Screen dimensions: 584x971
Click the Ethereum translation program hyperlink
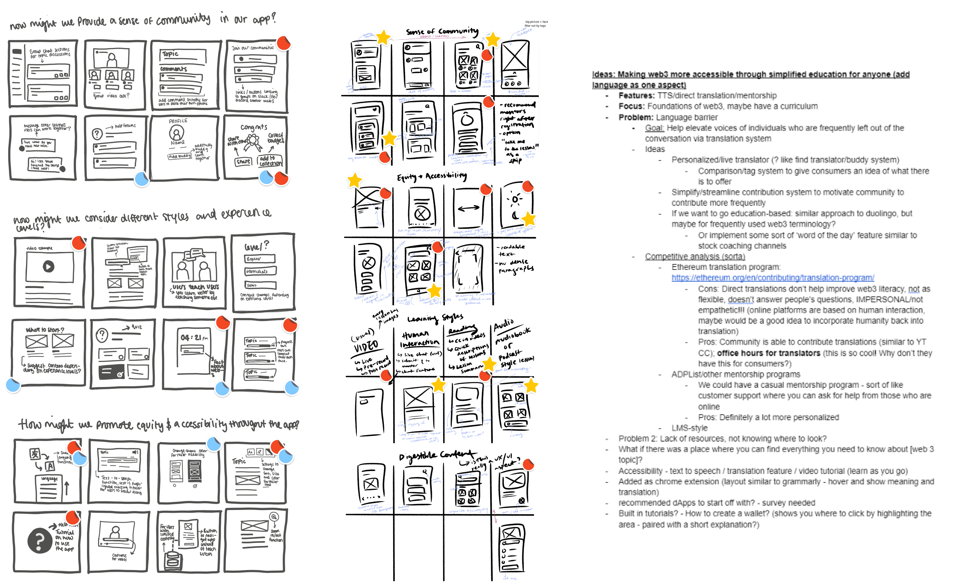[773, 278]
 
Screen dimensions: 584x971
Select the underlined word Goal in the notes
[654, 128]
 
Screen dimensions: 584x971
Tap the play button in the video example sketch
[48, 266]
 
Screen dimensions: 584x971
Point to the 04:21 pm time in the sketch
[194, 338]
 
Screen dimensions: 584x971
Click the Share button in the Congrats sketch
[243, 161]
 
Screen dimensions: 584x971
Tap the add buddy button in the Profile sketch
[179, 156]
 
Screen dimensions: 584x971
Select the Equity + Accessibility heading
[431, 176]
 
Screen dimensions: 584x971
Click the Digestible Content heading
[437, 456]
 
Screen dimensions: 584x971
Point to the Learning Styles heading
[435, 318]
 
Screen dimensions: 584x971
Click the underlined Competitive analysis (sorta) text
[695, 257]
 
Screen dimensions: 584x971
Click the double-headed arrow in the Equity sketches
[468, 208]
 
